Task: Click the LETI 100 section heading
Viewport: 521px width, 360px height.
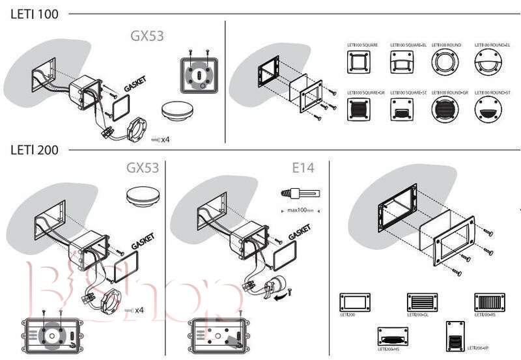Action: pos(34,14)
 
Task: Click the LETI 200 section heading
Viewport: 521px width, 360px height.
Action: pos(34,150)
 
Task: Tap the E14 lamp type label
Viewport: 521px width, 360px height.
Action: pos(303,168)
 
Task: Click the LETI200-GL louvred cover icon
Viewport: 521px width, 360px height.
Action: pos(421,303)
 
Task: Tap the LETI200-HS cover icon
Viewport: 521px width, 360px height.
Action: pos(393,337)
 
